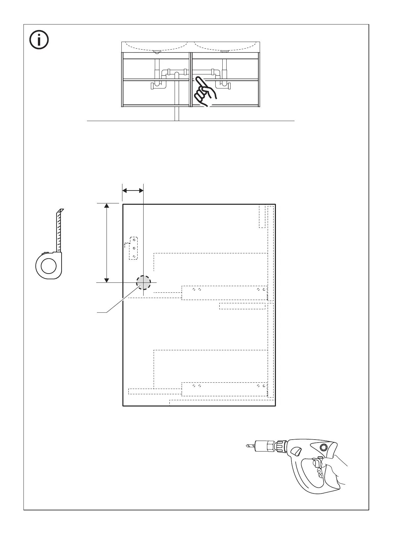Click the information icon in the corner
click(x=39, y=40)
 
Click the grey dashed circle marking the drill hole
click(x=143, y=283)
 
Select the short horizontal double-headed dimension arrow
click(x=133, y=190)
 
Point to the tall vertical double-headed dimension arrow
click(x=107, y=243)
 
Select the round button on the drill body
click(x=322, y=448)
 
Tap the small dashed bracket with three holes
click(x=134, y=248)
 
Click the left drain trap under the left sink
click(x=158, y=84)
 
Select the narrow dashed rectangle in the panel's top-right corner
click(x=262, y=216)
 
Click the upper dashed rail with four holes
click(x=224, y=292)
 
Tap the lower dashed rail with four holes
click(x=224, y=389)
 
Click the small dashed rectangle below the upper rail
click(x=242, y=306)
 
